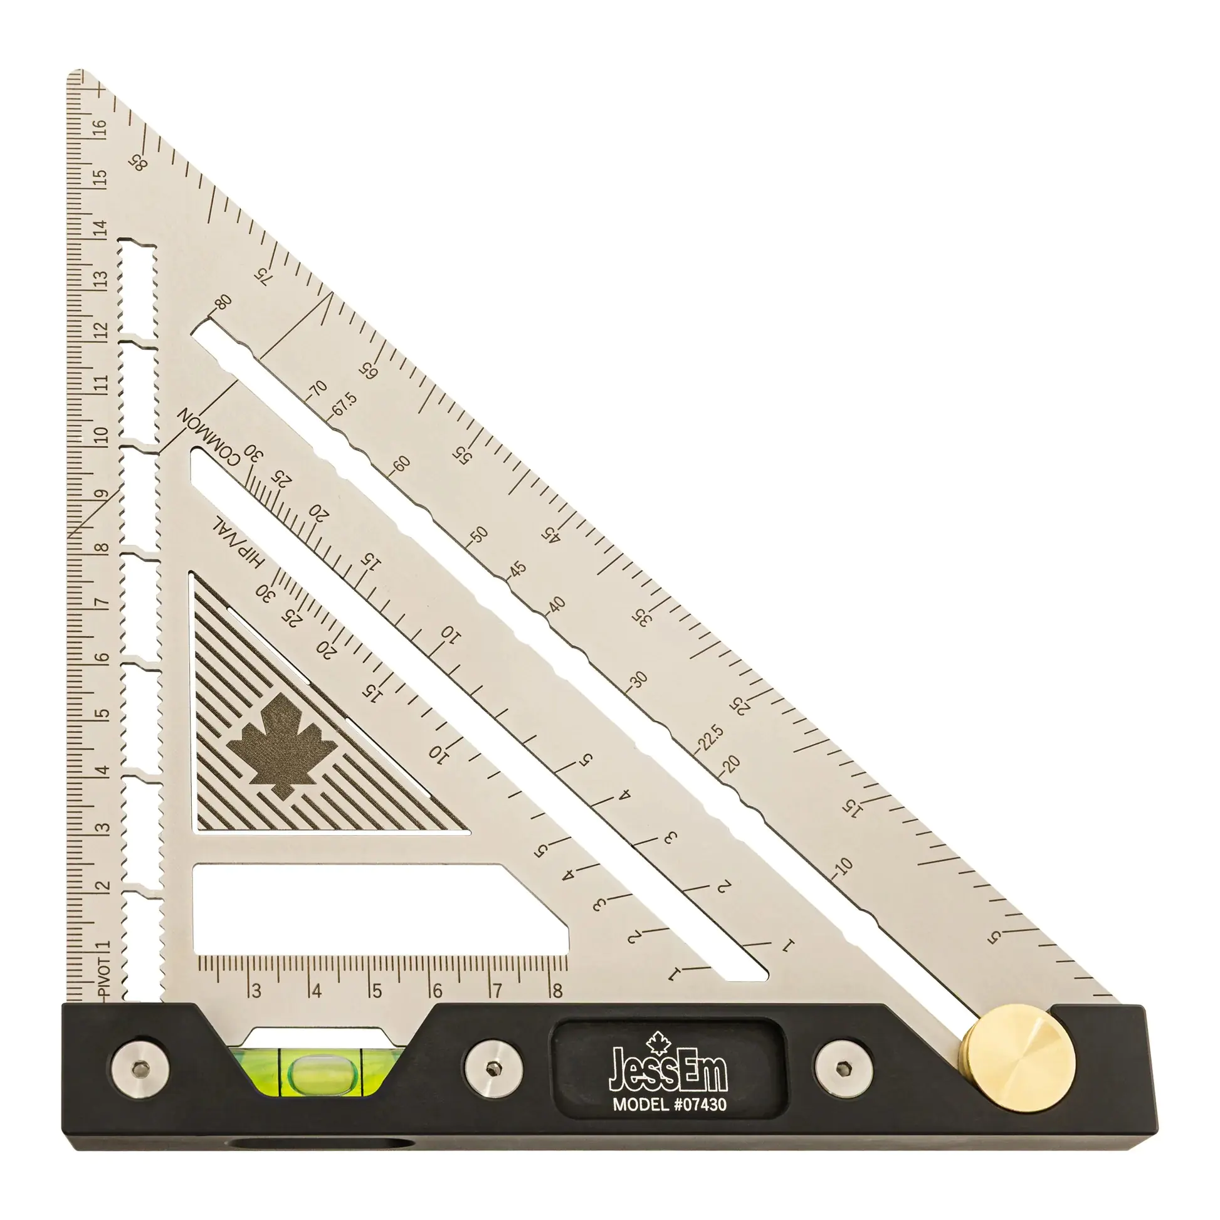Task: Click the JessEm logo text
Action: pos(668,1071)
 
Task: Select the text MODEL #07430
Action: pos(670,1105)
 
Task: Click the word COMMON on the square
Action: pos(208,436)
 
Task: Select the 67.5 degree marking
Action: pos(345,404)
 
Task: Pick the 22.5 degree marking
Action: pos(712,737)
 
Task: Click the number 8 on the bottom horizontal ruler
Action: pos(557,991)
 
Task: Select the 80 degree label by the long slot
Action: pos(223,302)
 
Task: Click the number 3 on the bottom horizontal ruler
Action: pos(256,991)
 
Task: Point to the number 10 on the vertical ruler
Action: pos(101,434)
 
